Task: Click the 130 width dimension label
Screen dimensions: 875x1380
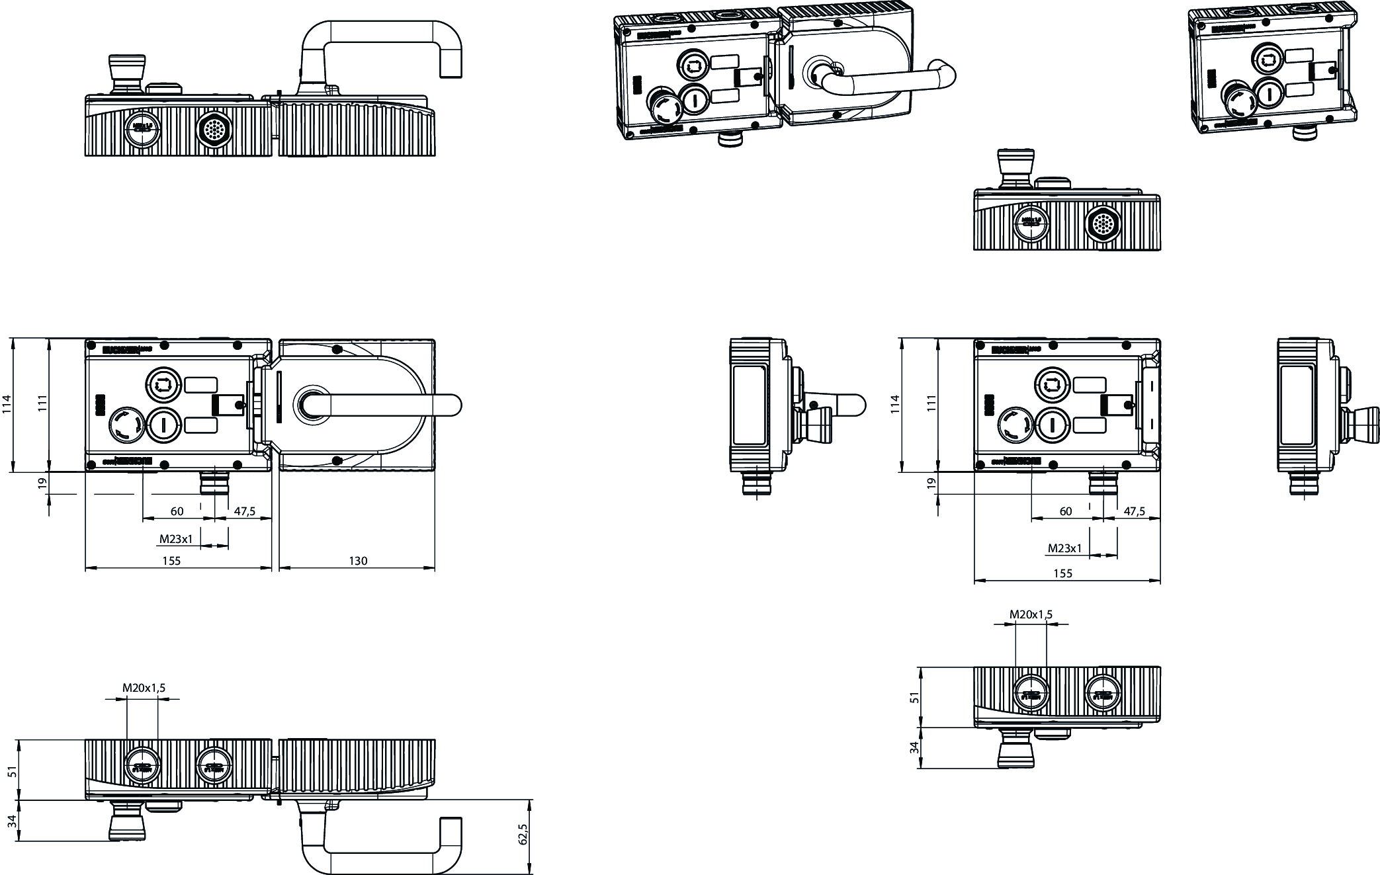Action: [x=358, y=561]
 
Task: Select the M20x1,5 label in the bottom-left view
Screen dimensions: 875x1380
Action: [x=144, y=688]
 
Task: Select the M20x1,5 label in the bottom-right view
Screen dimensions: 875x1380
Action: [x=1031, y=614]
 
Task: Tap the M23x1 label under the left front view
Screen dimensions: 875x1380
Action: [x=176, y=539]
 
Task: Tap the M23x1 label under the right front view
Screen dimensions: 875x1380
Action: [x=1065, y=548]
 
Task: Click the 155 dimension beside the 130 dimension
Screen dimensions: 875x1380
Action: [x=171, y=561]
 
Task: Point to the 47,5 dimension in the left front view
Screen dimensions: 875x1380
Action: [x=244, y=511]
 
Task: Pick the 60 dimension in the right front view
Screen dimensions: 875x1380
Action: [x=1066, y=511]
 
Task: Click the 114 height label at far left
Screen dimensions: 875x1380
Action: [x=7, y=403]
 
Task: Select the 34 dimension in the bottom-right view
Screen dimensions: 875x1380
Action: [x=915, y=747]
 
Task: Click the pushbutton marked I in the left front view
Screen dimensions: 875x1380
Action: [x=163, y=424]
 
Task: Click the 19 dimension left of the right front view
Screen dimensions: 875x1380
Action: [x=932, y=483]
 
